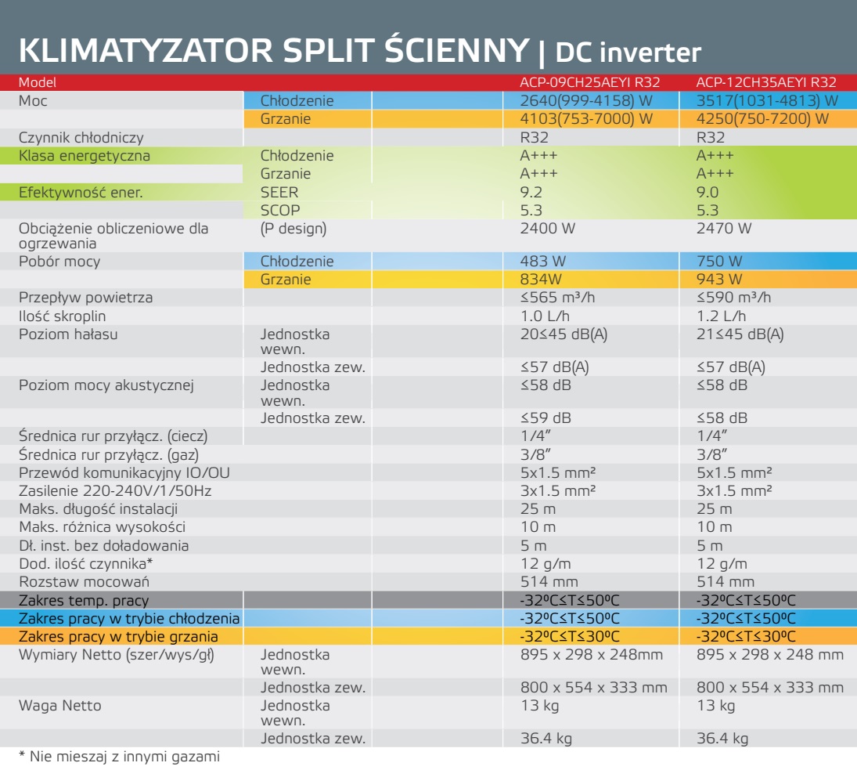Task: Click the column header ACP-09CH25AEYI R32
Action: (x=590, y=82)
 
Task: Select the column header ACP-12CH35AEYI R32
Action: (x=766, y=82)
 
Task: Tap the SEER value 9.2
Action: (x=531, y=193)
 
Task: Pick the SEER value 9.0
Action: (x=708, y=193)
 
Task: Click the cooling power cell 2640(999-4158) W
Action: (x=586, y=100)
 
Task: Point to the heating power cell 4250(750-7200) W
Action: (x=762, y=118)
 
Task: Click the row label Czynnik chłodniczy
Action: (x=81, y=138)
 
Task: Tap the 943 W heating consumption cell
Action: (x=719, y=280)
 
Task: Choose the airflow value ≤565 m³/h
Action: (x=557, y=298)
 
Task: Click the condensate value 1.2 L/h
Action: (x=721, y=316)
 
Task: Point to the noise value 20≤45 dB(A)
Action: (x=564, y=334)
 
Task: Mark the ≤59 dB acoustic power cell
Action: (x=546, y=418)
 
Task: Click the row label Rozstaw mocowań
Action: (x=85, y=582)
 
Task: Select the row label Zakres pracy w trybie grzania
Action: (x=118, y=637)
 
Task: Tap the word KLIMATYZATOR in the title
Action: (x=146, y=50)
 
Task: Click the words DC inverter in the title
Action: (x=628, y=52)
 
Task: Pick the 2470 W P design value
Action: (x=724, y=229)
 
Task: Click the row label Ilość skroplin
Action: (x=63, y=316)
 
